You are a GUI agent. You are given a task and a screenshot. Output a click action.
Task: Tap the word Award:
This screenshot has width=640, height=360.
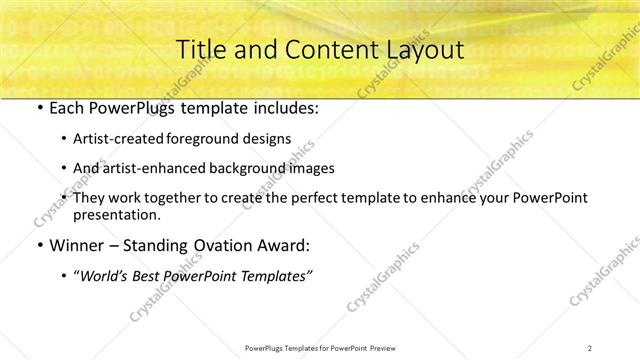point(286,245)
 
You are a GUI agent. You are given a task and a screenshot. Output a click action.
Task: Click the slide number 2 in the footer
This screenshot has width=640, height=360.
point(590,347)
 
